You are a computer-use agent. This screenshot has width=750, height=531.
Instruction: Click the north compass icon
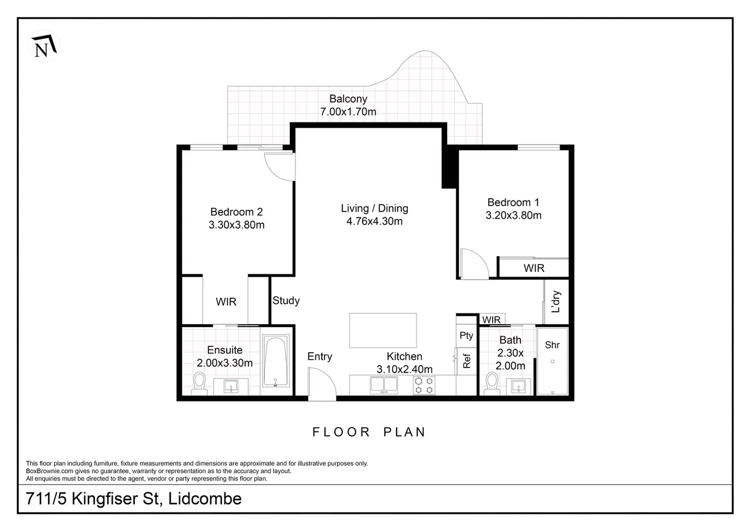click(44, 46)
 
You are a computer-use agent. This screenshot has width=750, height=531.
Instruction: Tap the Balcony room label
click(348, 99)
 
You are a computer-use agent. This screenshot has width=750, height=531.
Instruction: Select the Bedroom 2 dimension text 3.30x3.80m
click(237, 224)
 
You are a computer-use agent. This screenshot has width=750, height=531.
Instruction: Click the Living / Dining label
click(374, 208)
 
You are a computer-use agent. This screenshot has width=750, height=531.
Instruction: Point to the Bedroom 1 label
click(513, 202)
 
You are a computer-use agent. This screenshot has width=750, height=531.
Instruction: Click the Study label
click(286, 301)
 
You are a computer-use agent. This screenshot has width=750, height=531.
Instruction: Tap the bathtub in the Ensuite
click(276, 361)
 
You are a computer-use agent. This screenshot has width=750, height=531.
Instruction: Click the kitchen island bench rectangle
click(383, 331)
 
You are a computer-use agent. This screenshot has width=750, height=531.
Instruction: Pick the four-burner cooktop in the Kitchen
click(424, 385)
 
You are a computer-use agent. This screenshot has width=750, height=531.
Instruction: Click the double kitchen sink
click(383, 385)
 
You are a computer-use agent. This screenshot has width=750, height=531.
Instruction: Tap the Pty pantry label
click(466, 336)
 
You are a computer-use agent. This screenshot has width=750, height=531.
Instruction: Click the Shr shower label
click(552, 345)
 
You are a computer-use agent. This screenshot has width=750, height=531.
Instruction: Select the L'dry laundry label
click(557, 302)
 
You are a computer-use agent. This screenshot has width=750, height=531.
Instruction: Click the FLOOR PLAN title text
click(369, 433)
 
